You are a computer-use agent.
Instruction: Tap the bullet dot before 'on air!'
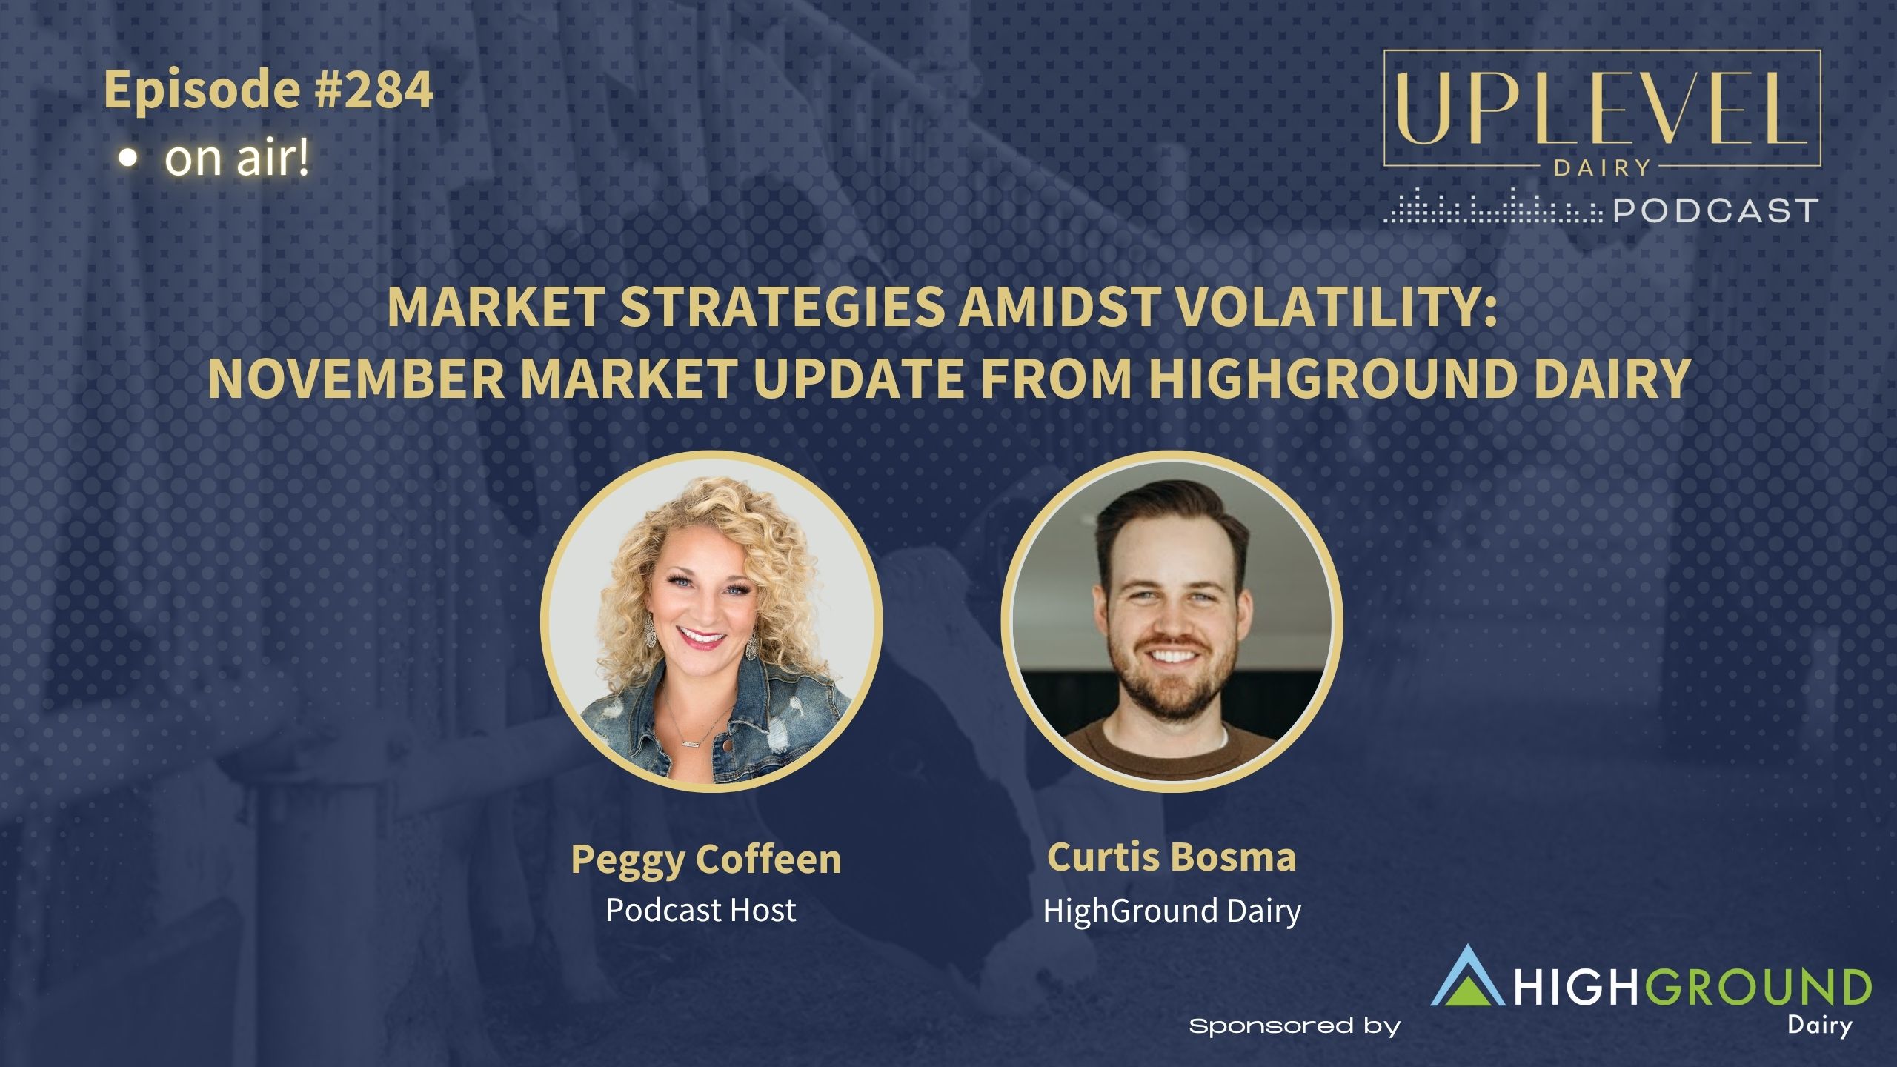coord(129,159)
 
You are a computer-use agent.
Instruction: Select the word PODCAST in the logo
coord(1715,210)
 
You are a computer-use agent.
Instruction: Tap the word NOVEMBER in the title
coord(357,378)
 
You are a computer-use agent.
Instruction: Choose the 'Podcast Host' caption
coord(701,909)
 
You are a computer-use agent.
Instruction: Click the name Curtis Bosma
coord(1172,857)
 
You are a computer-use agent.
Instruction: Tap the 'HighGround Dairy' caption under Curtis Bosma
coord(1172,911)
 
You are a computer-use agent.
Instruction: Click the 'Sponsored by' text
coord(1295,1026)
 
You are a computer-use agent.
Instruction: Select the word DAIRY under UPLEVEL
coord(1601,168)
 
